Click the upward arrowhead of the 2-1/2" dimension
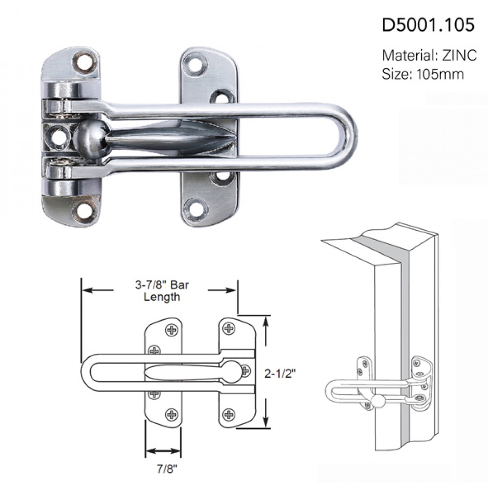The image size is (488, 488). tap(266, 322)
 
